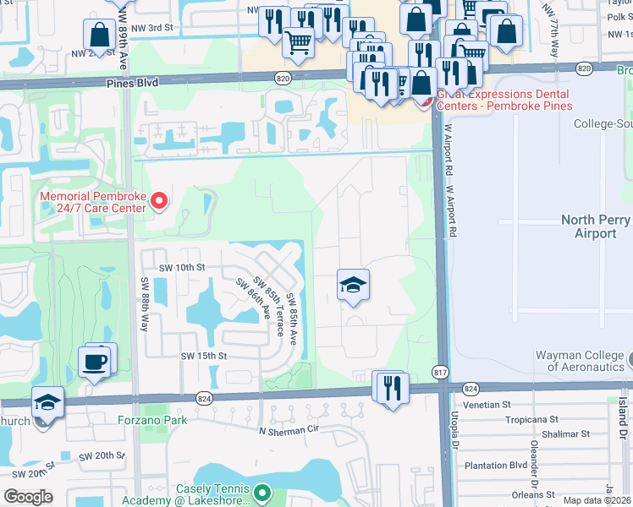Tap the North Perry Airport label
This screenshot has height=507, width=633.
click(x=596, y=226)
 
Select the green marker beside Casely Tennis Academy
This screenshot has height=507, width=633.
click(x=262, y=492)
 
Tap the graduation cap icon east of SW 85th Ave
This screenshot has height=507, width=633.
click(x=354, y=286)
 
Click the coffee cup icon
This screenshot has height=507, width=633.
click(x=95, y=361)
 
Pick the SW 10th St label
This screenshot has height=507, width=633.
click(x=180, y=267)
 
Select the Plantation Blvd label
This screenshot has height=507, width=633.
click(x=494, y=465)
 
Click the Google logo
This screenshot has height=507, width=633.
click(x=29, y=496)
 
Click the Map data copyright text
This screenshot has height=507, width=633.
click(x=597, y=500)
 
